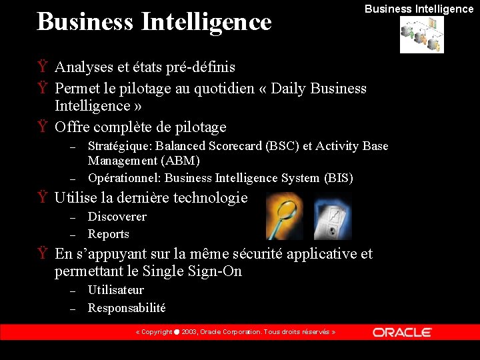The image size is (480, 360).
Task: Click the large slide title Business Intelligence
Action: [x=154, y=22]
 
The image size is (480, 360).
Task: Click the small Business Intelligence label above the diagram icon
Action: [x=419, y=9]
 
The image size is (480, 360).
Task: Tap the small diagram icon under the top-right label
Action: [x=421, y=35]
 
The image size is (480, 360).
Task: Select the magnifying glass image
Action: [x=285, y=216]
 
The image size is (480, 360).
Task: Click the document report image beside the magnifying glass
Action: [x=333, y=216]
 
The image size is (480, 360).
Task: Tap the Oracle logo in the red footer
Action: [x=402, y=332]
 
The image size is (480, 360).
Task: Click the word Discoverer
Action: [x=117, y=217]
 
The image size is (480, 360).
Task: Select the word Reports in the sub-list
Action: [x=108, y=234]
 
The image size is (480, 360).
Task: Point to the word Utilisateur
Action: [x=115, y=290]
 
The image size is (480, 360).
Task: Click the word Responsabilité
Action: [x=127, y=308]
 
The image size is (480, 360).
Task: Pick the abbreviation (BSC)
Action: [x=283, y=146]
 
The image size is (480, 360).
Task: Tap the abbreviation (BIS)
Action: [x=338, y=178]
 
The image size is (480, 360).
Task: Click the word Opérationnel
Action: [x=124, y=178]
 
